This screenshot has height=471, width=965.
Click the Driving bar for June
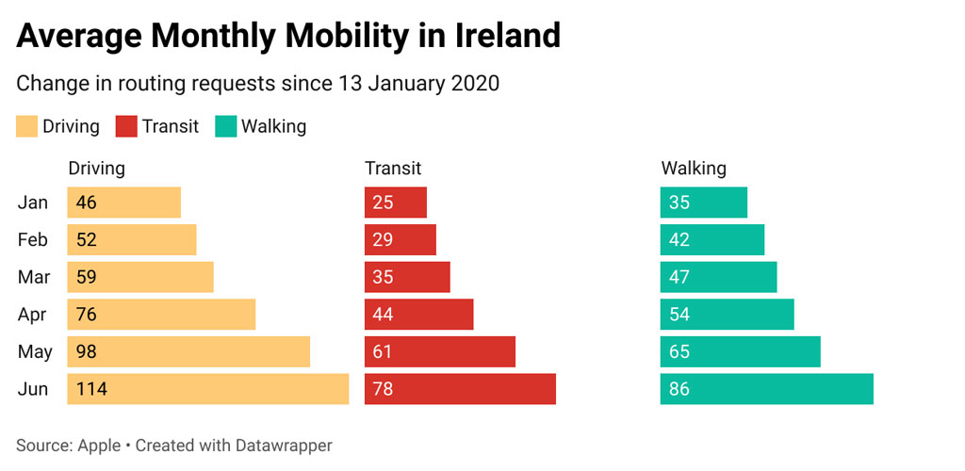(x=207, y=389)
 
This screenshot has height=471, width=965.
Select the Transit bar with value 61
(x=440, y=351)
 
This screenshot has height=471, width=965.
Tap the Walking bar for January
(x=703, y=203)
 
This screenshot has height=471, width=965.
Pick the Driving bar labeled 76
(x=161, y=315)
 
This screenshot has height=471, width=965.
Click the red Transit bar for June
(x=460, y=389)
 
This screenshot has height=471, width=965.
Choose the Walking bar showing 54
(x=727, y=315)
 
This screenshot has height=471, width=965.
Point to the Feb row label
(x=33, y=240)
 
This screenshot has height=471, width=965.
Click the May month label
(x=35, y=352)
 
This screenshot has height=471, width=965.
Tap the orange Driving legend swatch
(x=27, y=126)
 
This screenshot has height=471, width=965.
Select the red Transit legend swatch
(x=126, y=126)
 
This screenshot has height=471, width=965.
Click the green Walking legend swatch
(x=226, y=126)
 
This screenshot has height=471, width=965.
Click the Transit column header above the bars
(x=393, y=169)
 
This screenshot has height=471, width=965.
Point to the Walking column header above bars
(x=694, y=169)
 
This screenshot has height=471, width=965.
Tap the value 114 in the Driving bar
(x=90, y=389)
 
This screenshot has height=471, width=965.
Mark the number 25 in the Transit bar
(x=383, y=203)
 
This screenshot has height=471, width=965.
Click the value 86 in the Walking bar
(x=679, y=389)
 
